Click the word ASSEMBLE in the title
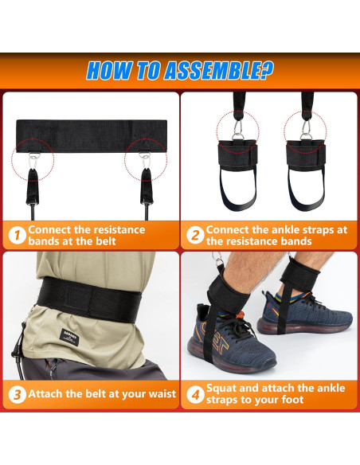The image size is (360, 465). click(x=210, y=70)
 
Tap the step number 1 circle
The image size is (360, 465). click(x=16, y=235)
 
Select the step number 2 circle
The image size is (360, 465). click(x=194, y=235)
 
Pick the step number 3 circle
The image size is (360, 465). click(x=16, y=393)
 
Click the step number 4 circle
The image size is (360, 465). click(x=194, y=393)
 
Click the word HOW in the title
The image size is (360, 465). click(x=108, y=70)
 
